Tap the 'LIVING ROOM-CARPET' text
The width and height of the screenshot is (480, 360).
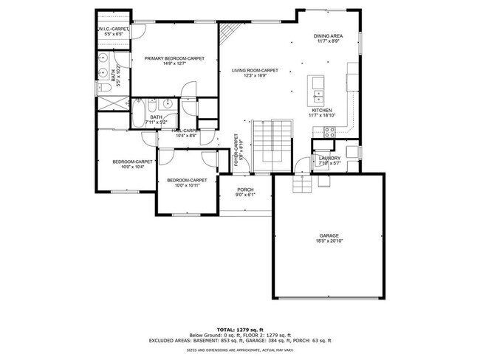point(255,69)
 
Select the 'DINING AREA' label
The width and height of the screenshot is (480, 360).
point(327,35)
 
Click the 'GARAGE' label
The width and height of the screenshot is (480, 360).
point(329,235)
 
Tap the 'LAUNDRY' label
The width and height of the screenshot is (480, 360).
point(329,158)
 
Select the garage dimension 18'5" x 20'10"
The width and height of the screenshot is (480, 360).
point(329,241)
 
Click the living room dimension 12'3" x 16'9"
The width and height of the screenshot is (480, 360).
point(255,75)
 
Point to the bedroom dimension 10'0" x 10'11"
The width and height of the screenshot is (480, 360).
point(186,185)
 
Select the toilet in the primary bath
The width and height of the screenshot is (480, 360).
point(105,87)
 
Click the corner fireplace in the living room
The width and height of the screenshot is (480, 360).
point(230,32)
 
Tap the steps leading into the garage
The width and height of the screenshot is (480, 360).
point(301,184)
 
